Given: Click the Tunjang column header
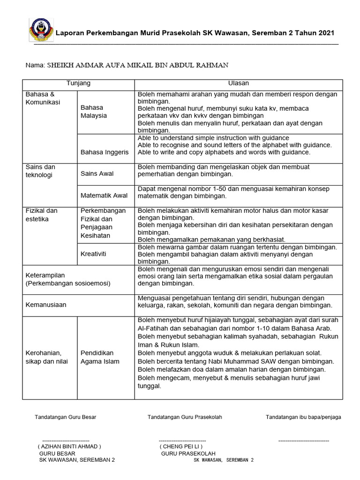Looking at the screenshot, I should (78, 83).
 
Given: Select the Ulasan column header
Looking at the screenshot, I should (239, 83).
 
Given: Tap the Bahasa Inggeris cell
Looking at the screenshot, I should (105, 152).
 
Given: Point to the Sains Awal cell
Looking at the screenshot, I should (97, 174).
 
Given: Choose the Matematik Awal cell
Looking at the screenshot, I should (104, 195).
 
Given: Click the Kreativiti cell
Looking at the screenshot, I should (94, 254).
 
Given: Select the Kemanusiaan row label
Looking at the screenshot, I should (46, 305).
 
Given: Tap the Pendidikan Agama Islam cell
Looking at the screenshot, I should (100, 357).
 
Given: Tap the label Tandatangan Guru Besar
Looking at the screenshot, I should (65, 417).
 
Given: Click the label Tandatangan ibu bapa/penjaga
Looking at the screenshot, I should (303, 417).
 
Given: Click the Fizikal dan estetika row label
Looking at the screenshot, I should (42, 215).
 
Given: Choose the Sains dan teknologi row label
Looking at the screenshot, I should (40, 171).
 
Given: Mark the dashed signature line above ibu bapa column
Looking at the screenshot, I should (303, 441).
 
